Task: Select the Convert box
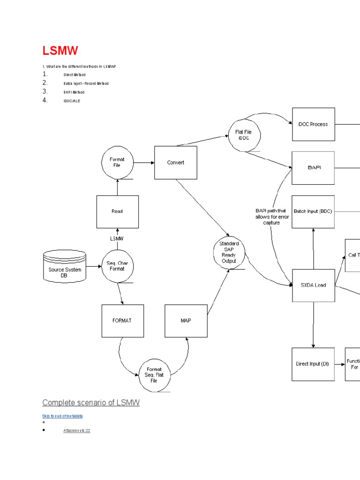tap(176, 163)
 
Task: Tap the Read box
tap(117, 211)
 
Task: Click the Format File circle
tap(117, 162)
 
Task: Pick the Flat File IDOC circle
tap(243, 135)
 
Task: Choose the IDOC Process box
tap(313, 124)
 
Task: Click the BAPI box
tap(313, 167)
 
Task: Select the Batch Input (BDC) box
tap(313, 211)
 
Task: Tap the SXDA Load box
tap(313, 285)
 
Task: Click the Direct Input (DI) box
tap(313, 364)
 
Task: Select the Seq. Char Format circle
tap(117, 266)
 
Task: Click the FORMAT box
tap(122, 321)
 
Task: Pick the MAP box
tap(186, 321)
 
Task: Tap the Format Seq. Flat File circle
tap(154, 375)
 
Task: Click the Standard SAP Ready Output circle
tap(229, 253)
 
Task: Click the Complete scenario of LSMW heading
tap(91, 403)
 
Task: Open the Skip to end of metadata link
tap(62, 416)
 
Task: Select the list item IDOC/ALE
tap(72, 101)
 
